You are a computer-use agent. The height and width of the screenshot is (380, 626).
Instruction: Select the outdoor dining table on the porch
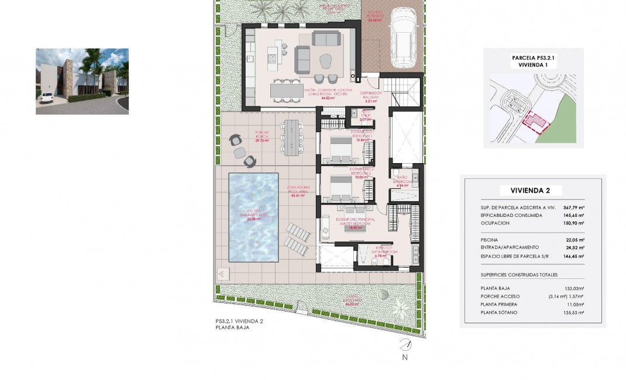(291, 137)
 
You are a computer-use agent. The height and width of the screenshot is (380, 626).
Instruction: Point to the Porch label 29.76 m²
(262, 137)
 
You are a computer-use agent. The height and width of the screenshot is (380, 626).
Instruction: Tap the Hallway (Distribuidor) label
(370, 97)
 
